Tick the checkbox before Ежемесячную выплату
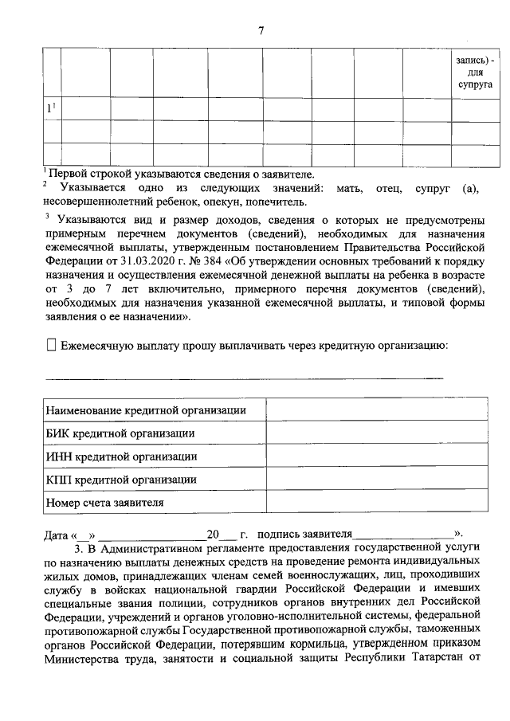pyautogui.click(x=52, y=345)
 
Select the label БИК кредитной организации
pyautogui.click(x=120, y=433)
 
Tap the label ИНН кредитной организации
pyautogui.click(x=121, y=457)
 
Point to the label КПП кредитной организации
pyautogui.click(x=121, y=480)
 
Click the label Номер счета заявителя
pyautogui.click(x=105, y=503)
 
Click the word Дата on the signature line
pyautogui.click(x=56, y=534)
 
